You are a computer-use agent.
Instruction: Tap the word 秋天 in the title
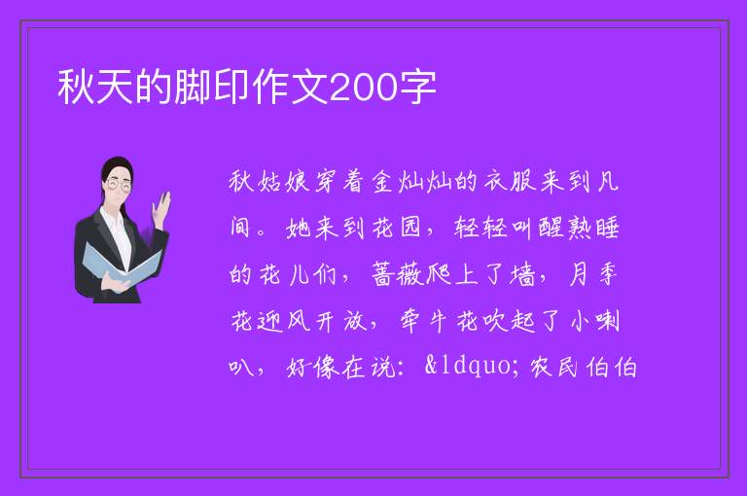(x=95, y=88)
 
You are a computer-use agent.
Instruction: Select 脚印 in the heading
(x=212, y=88)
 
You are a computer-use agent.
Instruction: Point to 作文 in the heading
(x=290, y=88)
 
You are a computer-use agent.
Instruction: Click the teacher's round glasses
(x=119, y=185)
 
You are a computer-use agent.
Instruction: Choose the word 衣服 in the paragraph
(x=510, y=182)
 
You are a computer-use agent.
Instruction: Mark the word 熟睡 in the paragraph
(x=592, y=228)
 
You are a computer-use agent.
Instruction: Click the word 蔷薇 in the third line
(x=397, y=274)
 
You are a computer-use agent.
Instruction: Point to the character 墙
(x=521, y=274)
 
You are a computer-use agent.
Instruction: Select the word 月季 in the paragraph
(x=593, y=274)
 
